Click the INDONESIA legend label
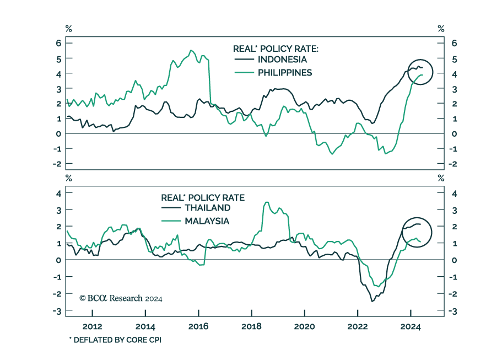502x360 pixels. point(283,60)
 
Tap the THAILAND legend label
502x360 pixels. point(207,208)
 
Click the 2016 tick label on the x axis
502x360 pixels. point(198,326)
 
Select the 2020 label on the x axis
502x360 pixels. point(305,326)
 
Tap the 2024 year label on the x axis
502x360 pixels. point(411,326)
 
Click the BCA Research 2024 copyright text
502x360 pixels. point(120,298)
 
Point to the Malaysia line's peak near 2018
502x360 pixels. point(267,202)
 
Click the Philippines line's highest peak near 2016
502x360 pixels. point(191,51)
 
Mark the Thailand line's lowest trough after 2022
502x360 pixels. point(372,301)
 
